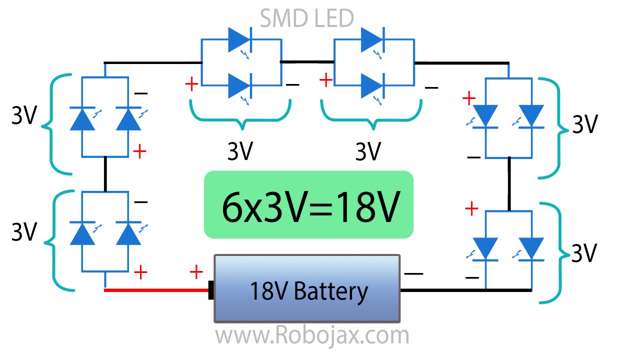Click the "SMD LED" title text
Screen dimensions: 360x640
307,18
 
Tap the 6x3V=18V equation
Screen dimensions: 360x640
309,205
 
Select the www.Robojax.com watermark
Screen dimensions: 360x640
312,335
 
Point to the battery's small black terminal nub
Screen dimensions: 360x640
211,290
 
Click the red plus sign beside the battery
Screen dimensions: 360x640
196,272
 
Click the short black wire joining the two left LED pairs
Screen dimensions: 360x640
105,174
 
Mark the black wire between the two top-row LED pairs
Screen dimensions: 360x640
306,62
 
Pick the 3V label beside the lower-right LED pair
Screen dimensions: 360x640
584,253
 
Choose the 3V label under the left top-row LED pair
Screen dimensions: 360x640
240,151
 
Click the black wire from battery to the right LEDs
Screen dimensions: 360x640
465,290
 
